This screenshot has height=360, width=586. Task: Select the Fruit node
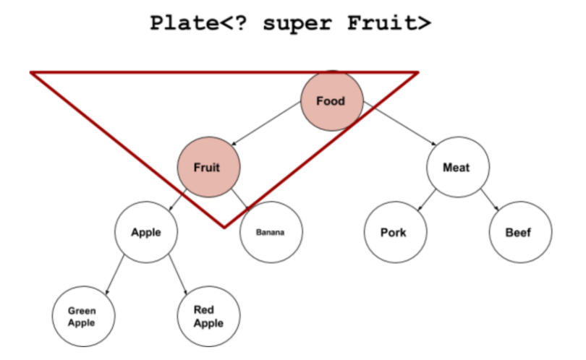coord(208,167)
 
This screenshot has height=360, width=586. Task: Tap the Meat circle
coord(456,167)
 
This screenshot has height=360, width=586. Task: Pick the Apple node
coord(145,232)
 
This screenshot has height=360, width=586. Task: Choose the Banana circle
coord(271,232)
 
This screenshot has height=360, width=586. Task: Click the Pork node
coord(394,232)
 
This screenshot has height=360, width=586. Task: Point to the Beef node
coord(519,232)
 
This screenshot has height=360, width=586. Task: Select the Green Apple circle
coord(82,317)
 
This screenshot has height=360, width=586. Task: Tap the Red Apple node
coord(208,317)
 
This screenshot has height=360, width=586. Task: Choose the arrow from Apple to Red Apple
coord(177,272)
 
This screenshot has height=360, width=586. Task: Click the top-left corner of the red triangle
coord(31,72)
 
